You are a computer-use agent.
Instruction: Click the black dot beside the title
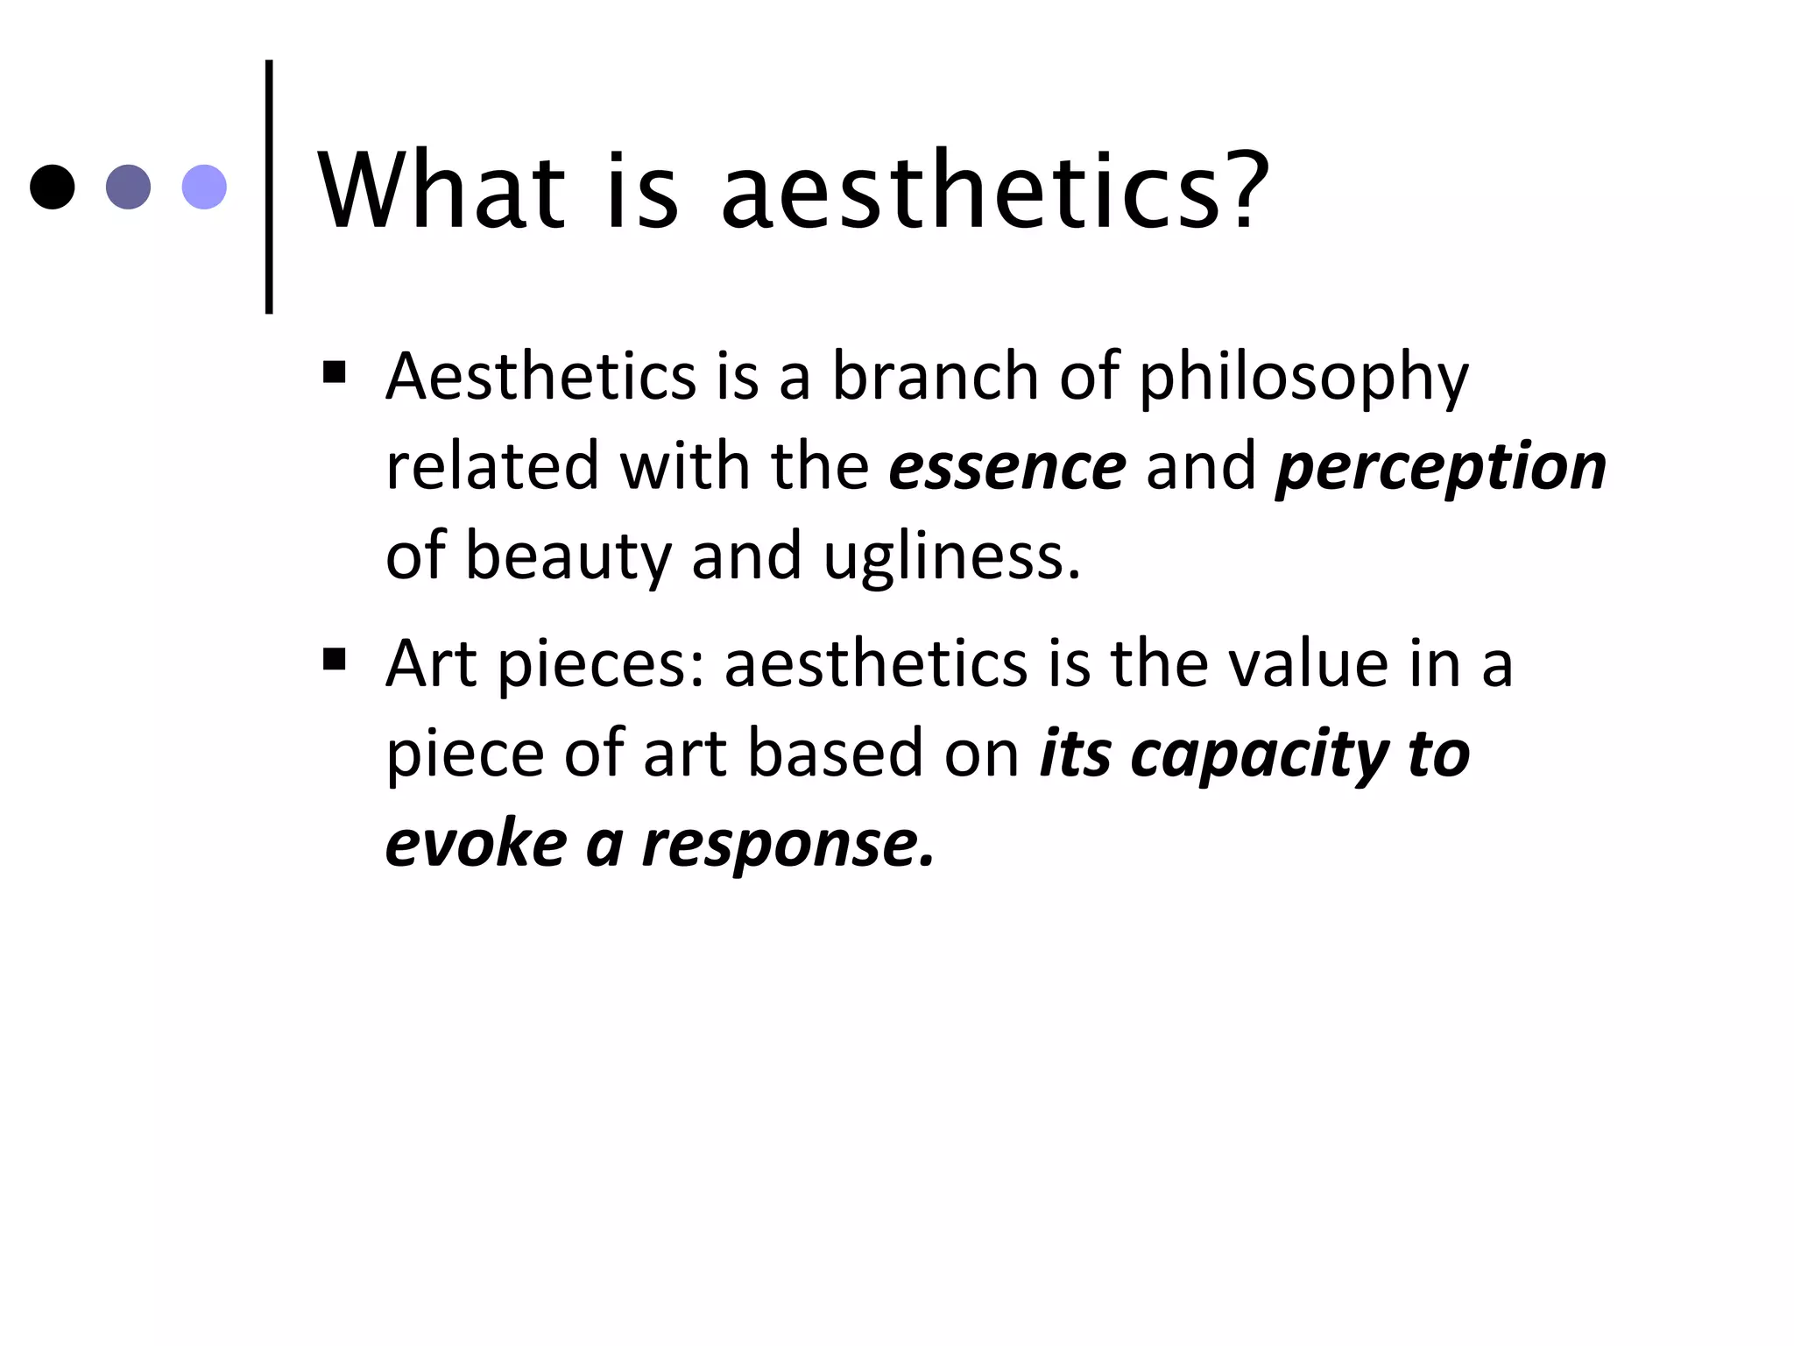[x=52, y=187]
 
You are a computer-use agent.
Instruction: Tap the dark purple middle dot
[x=128, y=187]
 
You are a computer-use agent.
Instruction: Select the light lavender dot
[x=204, y=187]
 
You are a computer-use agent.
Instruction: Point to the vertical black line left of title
[x=269, y=187]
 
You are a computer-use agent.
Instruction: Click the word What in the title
[x=441, y=190]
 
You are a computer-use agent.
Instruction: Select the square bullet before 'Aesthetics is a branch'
[x=335, y=372]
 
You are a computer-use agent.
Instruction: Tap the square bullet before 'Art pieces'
[x=335, y=658]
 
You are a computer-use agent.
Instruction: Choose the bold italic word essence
[x=1007, y=466]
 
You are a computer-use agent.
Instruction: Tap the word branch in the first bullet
[x=935, y=376]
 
